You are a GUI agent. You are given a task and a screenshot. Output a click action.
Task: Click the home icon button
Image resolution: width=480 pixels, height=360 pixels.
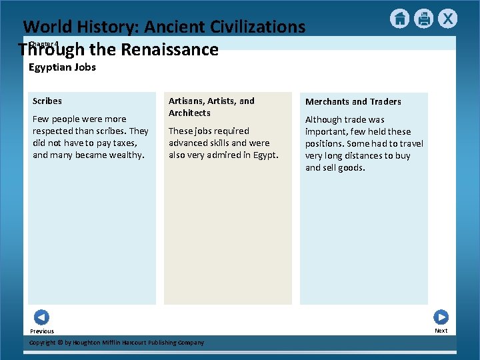pyautogui.click(x=399, y=19)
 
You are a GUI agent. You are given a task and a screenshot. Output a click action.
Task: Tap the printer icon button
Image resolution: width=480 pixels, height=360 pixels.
pyautogui.click(x=423, y=19)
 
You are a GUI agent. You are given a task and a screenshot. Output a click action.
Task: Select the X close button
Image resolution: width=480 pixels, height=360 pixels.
pyautogui.click(x=448, y=19)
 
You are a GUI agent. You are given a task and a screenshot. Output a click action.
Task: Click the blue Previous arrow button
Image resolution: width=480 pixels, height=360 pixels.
pyautogui.click(x=41, y=317)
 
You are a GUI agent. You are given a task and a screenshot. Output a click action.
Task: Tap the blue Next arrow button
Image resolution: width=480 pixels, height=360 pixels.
pyautogui.click(x=441, y=317)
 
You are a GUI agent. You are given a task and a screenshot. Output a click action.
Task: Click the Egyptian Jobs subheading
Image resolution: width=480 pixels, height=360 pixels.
pyautogui.click(x=62, y=67)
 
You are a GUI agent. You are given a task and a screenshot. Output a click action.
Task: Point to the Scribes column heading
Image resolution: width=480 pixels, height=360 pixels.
pyautogui.click(x=47, y=101)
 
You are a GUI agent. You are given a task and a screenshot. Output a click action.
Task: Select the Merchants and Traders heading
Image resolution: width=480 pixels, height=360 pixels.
pyautogui.click(x=353, y=102)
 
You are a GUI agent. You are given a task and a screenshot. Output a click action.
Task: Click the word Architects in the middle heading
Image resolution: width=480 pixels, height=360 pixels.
pyautogui.click(x=189, y=113)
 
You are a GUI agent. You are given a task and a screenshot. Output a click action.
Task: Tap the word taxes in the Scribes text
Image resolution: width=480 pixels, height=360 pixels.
pyautogui.click(x=123, y=143)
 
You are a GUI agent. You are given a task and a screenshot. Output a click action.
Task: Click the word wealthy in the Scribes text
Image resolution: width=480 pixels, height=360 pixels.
pyautogui.click(x=127, y=155)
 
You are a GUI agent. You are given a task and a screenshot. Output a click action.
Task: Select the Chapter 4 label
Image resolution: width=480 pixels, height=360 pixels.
pyautogui.click(x=44, y=44)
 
